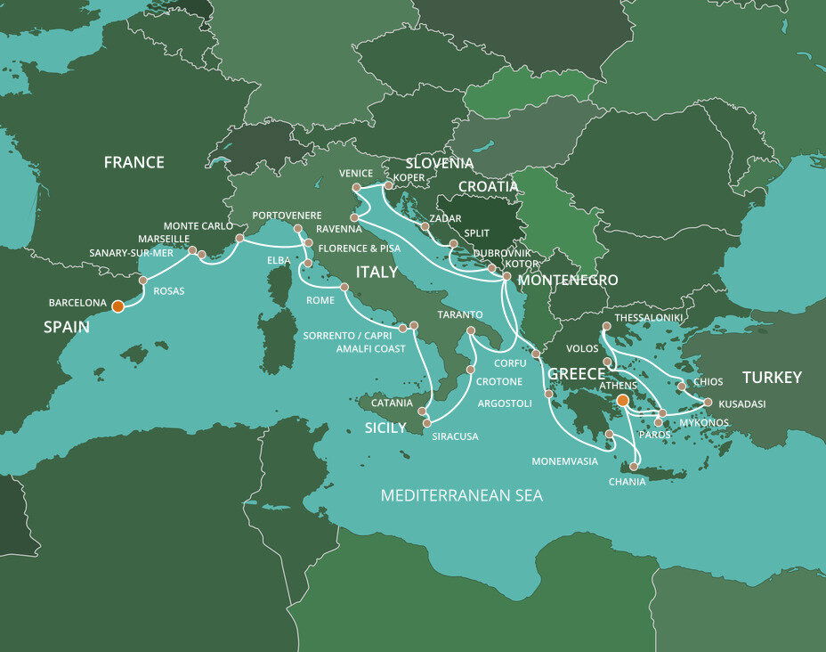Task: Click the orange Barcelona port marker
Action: (117, 306)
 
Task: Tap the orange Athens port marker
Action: (623, 401)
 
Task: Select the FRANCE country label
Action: (134, 162)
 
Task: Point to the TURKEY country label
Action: (772, 377)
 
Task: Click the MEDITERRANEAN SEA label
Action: (461, 495)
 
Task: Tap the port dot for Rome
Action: (344, 287)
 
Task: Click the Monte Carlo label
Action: (198, 226)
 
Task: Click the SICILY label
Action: (385, 428)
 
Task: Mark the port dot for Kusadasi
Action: (708, 402)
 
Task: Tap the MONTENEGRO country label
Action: (568, 280)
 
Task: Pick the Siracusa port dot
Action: (427, 422)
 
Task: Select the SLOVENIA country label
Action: (440, 163)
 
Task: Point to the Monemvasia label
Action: (564, 461)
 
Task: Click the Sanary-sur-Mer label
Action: (131, 253)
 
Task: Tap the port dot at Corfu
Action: (536, 355)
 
